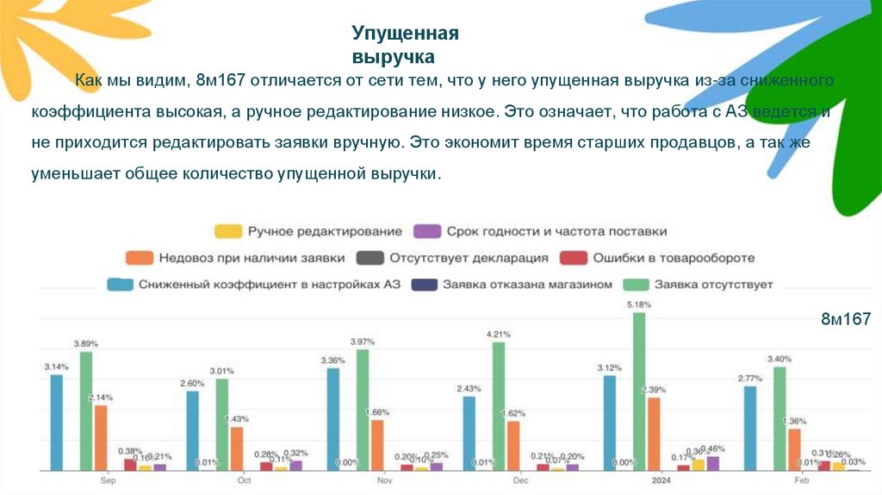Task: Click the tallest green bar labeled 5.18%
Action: [638, 392]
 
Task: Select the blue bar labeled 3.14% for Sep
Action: [57, 423]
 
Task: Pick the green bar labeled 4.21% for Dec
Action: [498, 406]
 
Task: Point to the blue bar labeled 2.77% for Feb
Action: [750, 428]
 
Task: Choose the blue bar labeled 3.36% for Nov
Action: [332, 419]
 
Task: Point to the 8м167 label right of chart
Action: [846, 320]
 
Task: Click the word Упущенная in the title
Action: [404, 34]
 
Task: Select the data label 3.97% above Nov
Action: [363, 341]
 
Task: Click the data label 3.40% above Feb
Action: [780, 359]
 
